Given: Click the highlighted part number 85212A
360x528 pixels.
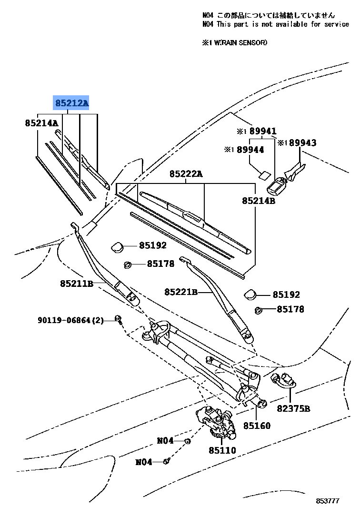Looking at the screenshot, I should [x=71, y=102].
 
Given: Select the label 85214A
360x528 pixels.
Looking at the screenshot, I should [x=41, y=123].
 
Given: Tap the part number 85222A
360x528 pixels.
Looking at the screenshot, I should [x=186, y=174].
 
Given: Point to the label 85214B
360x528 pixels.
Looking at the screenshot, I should [x=259, y=201].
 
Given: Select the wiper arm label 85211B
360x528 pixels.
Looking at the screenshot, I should [x=76, y=284].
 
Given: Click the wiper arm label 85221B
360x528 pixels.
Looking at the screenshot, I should [x=181, y=291].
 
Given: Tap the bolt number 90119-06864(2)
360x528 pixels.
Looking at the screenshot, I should [x=71, y=320].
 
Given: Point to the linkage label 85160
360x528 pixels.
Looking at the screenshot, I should [x=257, y=426].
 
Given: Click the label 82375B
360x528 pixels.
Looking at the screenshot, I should [x=294, y=408].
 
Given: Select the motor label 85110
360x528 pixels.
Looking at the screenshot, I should [x=222, y=449].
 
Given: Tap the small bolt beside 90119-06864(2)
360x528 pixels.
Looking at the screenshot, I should [x=118, y=320].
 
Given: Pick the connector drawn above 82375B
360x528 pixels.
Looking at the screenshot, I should [x=284, y=380].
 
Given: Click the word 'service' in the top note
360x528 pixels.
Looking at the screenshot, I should [x=336, y=24].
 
